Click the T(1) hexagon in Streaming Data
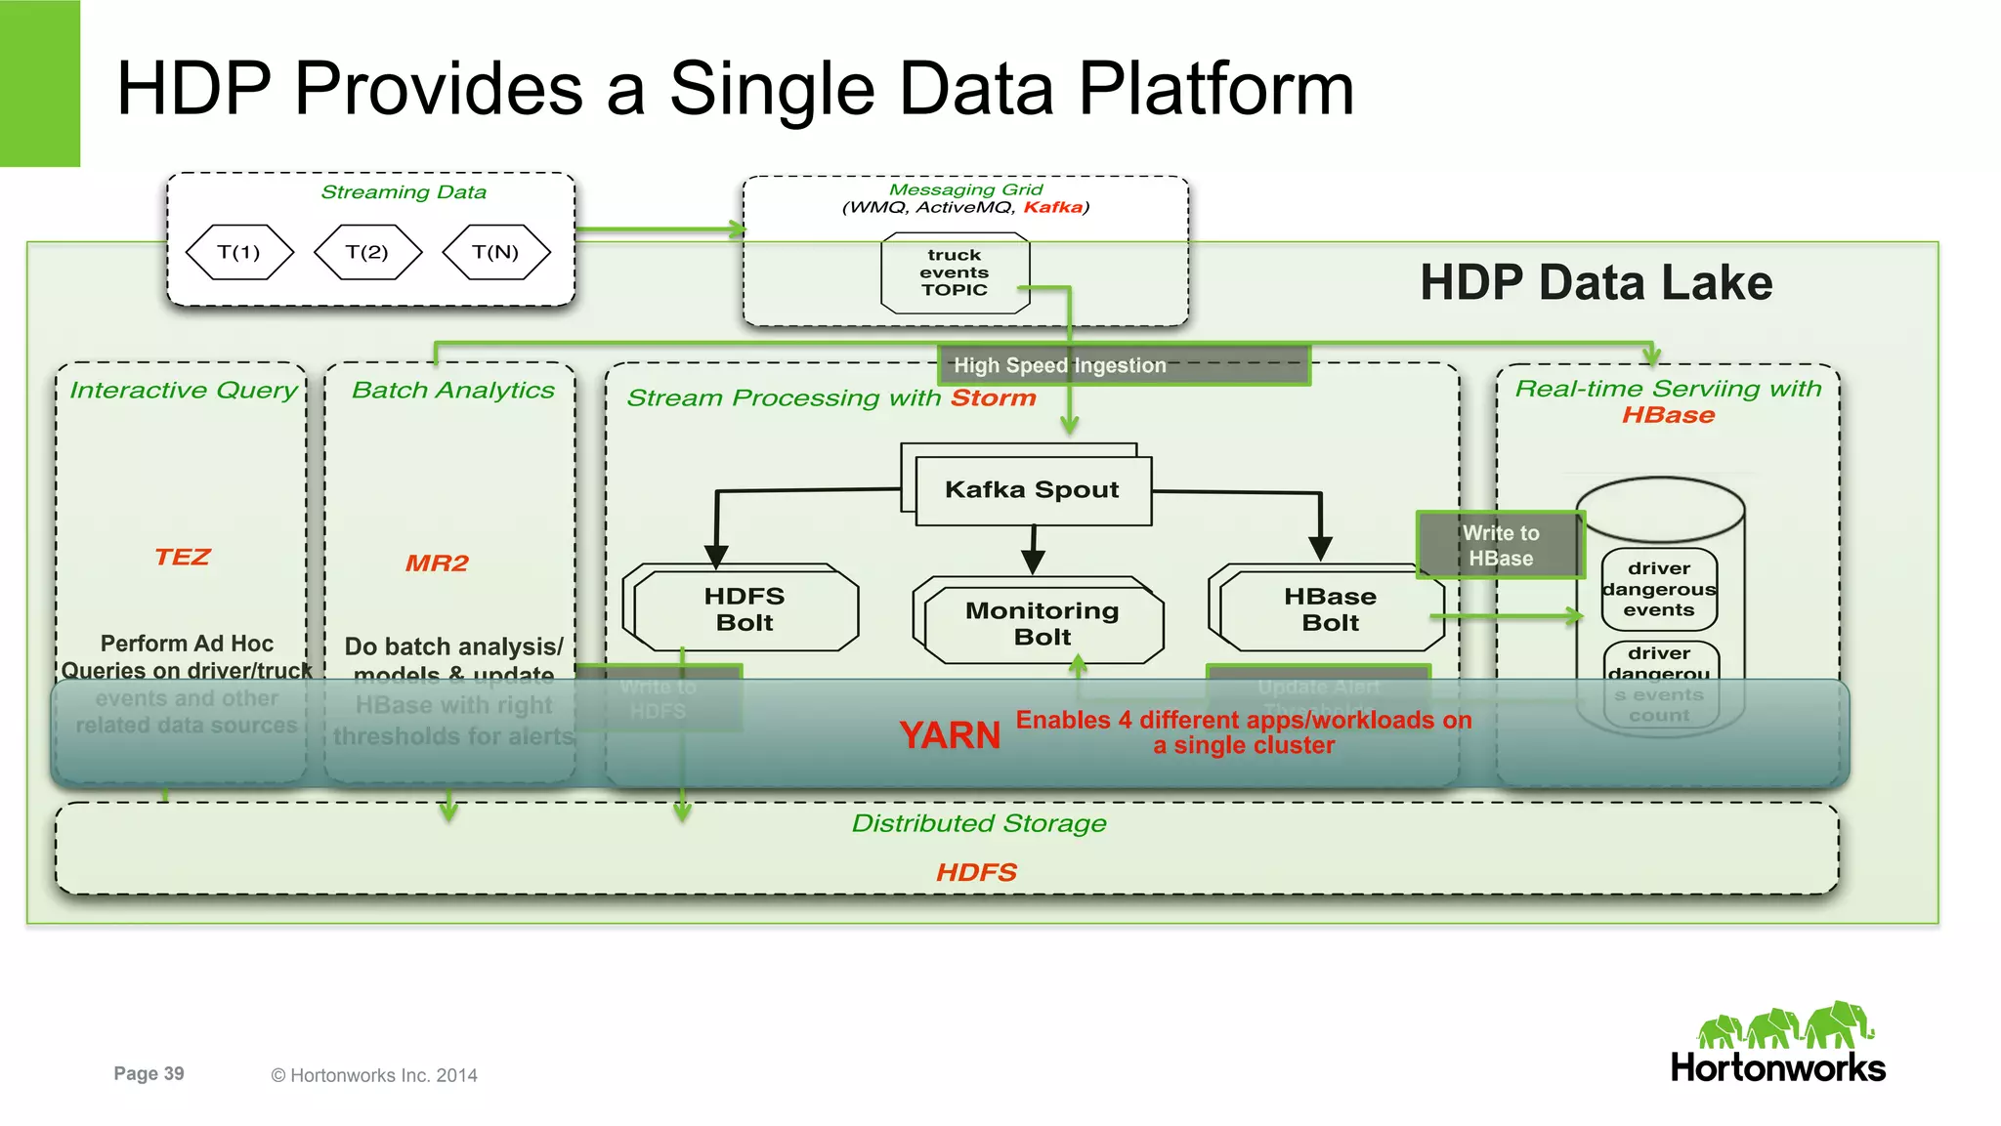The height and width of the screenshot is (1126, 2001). tap(239, 252)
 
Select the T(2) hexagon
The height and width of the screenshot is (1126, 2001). tap(367, 252)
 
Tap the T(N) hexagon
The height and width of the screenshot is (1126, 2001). tap(495, 252)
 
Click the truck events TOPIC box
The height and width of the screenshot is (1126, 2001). tap(955, 272)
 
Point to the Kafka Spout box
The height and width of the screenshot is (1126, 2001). tap(1032, 490)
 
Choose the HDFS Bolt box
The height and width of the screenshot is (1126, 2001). tap(745, 609)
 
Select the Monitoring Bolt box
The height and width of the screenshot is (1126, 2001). tap(1042, 623)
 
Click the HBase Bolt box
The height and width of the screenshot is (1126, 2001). tap(1330, 609)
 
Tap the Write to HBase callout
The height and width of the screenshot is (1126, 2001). tap(1500, 545)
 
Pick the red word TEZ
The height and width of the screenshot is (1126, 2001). tap(183, 557)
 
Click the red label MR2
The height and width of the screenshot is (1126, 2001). tap(437, 563)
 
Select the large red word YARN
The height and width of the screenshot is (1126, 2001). tap(950, 735)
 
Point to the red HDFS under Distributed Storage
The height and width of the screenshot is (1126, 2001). tap(976, 872)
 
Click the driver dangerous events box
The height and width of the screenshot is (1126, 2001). tap(1659, 589)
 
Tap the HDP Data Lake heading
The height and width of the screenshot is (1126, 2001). tap(1596, 283)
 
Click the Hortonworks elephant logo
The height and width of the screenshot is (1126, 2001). tap(1784, 1027)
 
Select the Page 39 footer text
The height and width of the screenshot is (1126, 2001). tap(149, 1073)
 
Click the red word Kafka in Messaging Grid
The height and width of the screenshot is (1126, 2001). tap(1053, 207)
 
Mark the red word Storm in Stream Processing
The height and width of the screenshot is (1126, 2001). tap(993, 398)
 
